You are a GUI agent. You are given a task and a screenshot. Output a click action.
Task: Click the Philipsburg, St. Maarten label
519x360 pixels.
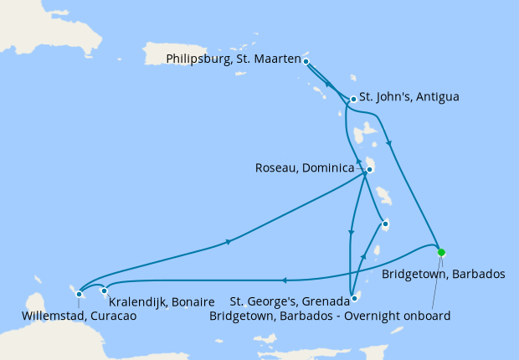coord(234,59)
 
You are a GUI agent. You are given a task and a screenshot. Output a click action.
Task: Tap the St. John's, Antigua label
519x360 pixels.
coord(409,96)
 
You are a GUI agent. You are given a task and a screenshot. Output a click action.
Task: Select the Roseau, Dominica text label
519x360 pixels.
coord(305,167)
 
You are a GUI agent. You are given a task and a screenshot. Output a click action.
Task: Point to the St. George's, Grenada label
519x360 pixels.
coord(289,301)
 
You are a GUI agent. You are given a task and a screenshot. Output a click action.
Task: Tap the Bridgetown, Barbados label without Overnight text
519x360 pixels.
coord(443,273)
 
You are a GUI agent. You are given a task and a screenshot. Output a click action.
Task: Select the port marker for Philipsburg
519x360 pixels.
coord(306,61)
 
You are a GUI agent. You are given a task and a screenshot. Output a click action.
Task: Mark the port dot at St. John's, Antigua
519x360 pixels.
coord(353,99)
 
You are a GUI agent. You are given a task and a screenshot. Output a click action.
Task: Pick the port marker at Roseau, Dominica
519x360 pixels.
coord(368,169)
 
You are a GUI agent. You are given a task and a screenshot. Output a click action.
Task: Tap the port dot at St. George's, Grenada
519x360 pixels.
coord(355,297)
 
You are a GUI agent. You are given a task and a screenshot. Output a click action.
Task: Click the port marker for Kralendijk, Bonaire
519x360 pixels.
coord(105,291)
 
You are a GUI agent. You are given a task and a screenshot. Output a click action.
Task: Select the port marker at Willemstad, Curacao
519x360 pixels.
coord(79,293)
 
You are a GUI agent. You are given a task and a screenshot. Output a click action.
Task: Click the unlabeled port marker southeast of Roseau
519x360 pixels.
coord(384,223)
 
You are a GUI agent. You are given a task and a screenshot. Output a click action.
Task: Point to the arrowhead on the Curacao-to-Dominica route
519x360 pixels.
coord(228,243)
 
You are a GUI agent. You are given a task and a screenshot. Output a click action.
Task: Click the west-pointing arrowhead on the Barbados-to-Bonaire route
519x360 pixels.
coord(284,280)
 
